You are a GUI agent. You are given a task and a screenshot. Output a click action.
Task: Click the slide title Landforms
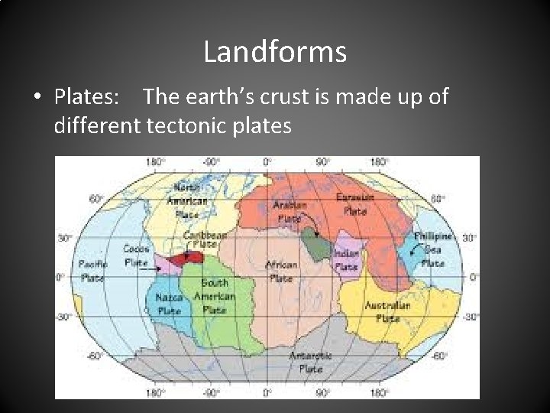point(275,52)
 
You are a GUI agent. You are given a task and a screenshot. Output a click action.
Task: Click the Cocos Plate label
point(136,255)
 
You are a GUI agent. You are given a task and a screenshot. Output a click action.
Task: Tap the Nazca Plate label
point(168,304)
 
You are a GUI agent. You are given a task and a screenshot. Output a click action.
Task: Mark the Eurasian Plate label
point(355,202)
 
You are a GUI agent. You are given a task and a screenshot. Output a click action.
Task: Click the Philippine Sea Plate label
point(432,249)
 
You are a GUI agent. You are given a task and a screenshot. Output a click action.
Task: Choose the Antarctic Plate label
point(311,362)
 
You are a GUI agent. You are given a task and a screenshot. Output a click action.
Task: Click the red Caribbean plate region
point(188,259)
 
